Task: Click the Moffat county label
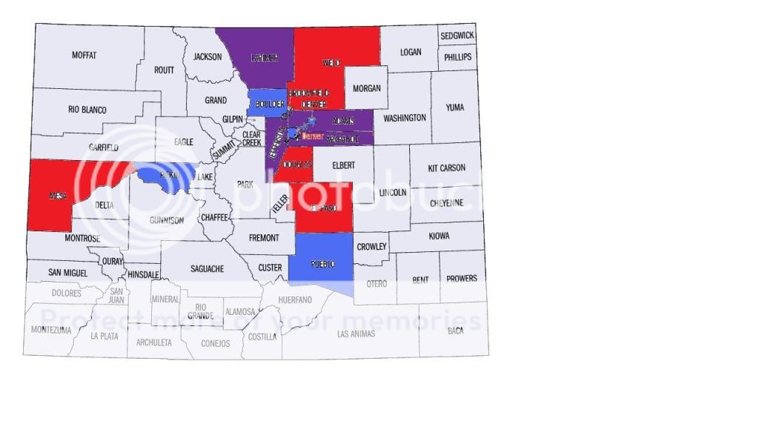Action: pyautogui.click(x=84, y=55)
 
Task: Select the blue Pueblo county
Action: pyautogui.click(x=321, y=259)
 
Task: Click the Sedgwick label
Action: pyautogui.click(x=457, y=36)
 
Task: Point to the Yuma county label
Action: pyautogui.click(x=454, y=107)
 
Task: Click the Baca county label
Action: pyautogui.click(x=455, y=331)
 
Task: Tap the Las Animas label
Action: pyautogui.click(x=356, y=334)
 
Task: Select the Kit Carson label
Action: pyautogui.click(x=448, y=168)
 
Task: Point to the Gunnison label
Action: pyautogui.click(x=166, y=220)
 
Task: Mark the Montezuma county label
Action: pyautogui.click(x=52, y=330)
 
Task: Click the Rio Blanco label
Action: pyautogui.click(x=87, y=110)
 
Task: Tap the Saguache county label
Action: pyautogui.click(x=207, y=268)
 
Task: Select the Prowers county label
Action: pyautogui.click(x=462, y=279)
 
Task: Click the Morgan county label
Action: pyautogui.click(x=366, y=88)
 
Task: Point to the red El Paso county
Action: pyautogui.click(x=324, y=208)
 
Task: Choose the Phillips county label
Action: pyautogui.click(x=457, y=57)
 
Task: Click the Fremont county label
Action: pyautogui.click(x=264, y=238)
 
